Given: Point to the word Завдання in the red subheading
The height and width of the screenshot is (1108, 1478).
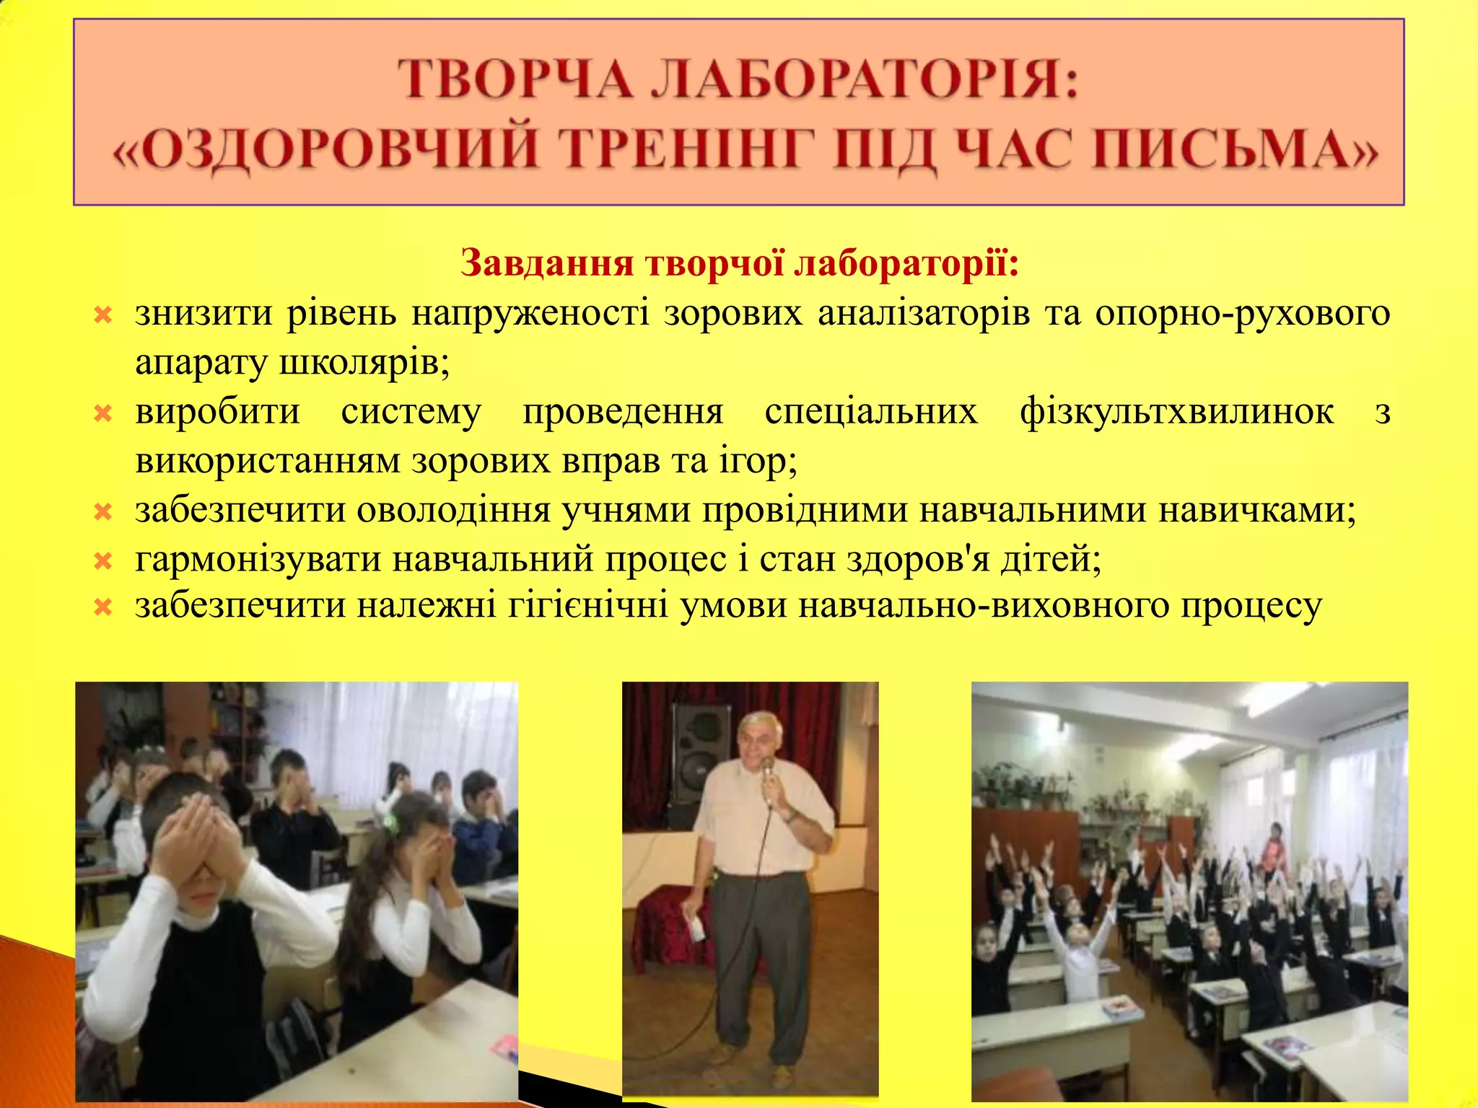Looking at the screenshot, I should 547,263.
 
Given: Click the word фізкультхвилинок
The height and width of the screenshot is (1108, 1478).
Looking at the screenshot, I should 1176,412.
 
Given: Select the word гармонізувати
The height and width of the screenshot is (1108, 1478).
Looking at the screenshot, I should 258,559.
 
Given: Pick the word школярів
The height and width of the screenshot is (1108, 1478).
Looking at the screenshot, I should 364,363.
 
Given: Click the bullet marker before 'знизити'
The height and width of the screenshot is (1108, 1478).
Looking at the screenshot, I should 103,315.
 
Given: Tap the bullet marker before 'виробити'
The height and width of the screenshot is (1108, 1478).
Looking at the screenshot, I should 103,413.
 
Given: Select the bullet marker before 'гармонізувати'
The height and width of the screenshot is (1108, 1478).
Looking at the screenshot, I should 103,560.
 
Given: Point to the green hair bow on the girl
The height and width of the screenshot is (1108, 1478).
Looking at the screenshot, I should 392,820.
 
